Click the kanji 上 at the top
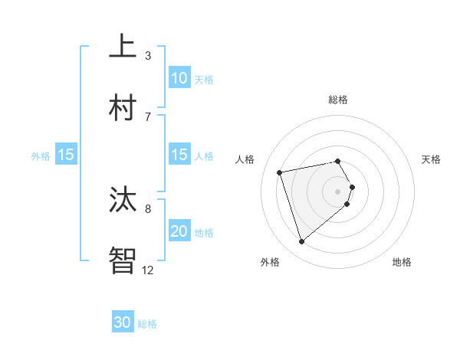123,45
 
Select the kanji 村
123,106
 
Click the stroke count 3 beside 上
148,55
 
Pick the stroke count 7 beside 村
148,116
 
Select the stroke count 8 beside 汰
148,208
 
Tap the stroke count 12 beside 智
148,270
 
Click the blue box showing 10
179,77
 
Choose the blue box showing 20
179,231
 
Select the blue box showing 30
123,322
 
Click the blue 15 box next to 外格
66,155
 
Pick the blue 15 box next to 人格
179,155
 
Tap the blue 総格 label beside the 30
147,324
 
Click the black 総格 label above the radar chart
338,100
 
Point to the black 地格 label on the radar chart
402,262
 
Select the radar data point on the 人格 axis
280,172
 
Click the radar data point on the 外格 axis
302,242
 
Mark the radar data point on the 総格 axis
338,161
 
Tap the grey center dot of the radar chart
338,191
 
